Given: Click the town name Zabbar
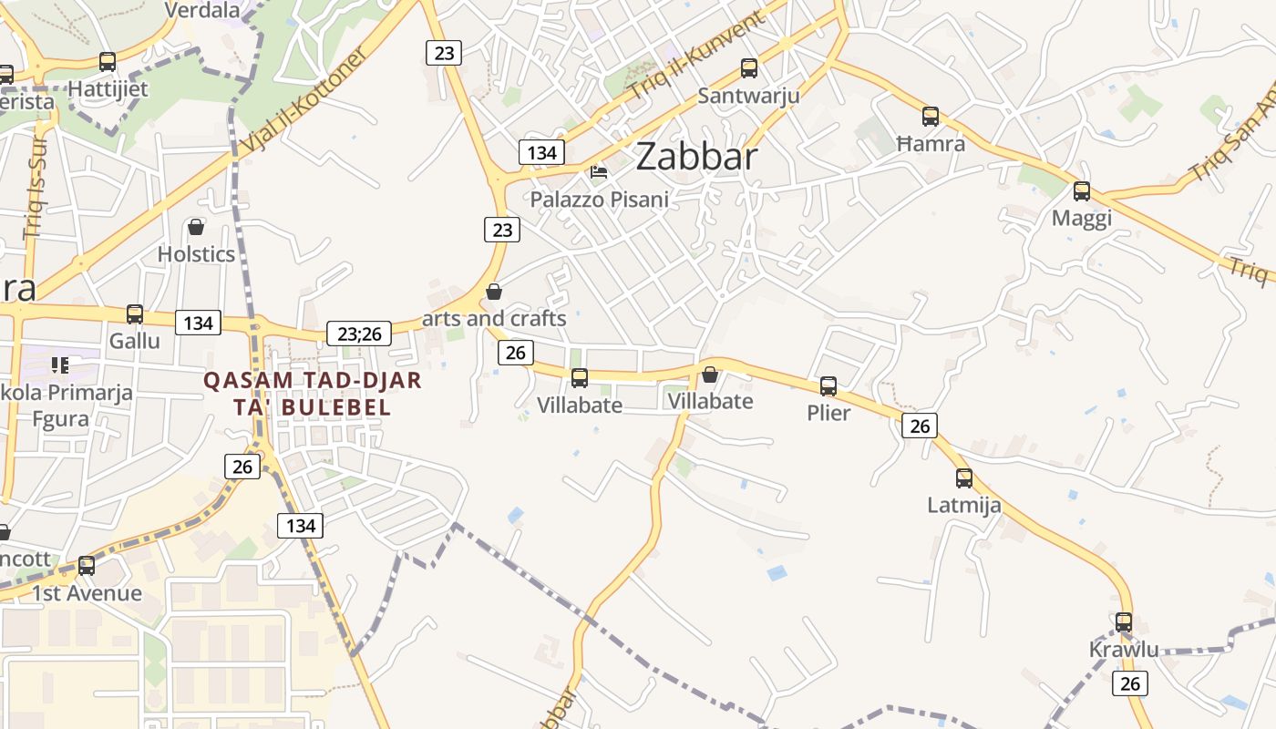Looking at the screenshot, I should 696,157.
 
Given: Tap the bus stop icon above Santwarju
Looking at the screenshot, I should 749,67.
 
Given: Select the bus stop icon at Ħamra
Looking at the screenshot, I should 930,117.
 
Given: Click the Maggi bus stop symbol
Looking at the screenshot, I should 1081,191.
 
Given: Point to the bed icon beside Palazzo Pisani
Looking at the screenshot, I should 599,171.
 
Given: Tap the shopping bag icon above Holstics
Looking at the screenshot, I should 195,227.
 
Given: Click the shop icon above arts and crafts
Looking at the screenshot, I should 493,292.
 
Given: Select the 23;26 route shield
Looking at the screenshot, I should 359,334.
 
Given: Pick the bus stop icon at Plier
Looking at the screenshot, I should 828,386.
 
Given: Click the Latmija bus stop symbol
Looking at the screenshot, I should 963,478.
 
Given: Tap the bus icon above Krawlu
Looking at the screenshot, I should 1124,622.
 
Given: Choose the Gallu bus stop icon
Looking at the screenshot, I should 135,314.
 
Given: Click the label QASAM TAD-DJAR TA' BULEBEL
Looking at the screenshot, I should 313,394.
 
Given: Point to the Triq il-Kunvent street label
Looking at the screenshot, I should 695,56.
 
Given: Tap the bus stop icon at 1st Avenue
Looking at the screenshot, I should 87,566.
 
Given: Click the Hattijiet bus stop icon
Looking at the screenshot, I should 108,63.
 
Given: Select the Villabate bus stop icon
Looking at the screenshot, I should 579,378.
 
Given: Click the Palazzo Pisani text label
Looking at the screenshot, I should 599,200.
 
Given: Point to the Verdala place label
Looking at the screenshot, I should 202,10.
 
